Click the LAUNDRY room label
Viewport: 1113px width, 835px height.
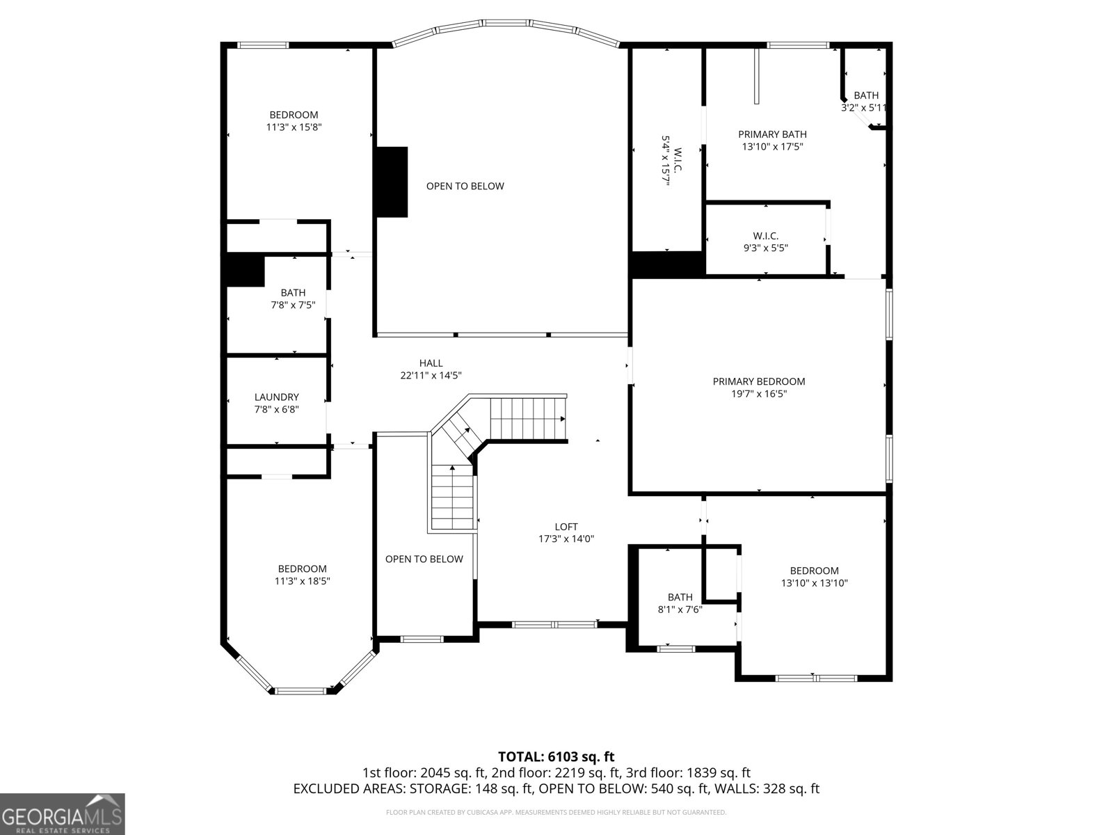(276, 397)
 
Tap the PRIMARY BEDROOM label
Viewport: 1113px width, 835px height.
(758, 381)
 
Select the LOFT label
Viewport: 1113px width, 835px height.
(566, 527)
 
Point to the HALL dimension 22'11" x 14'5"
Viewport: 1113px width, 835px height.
(431, 376)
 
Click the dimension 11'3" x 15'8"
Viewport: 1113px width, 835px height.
(294, 127)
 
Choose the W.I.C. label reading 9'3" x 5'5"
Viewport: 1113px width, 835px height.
(765, 236)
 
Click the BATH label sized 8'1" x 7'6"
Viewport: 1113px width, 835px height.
(680, 597)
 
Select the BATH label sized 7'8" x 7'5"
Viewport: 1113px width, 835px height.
(293, 293)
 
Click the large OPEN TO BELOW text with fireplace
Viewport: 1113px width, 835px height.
(465, 186)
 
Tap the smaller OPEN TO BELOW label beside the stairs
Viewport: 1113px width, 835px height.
(424, 559)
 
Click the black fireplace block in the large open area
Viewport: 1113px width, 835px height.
(391, 182)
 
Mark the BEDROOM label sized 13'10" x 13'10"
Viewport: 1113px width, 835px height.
(814, 571)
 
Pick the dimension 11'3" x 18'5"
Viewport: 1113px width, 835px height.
(302, 582)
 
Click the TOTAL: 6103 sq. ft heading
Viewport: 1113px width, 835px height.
(556, 756)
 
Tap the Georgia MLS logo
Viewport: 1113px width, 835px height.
(62, 813)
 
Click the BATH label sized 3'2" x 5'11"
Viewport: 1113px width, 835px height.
(866, 95)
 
